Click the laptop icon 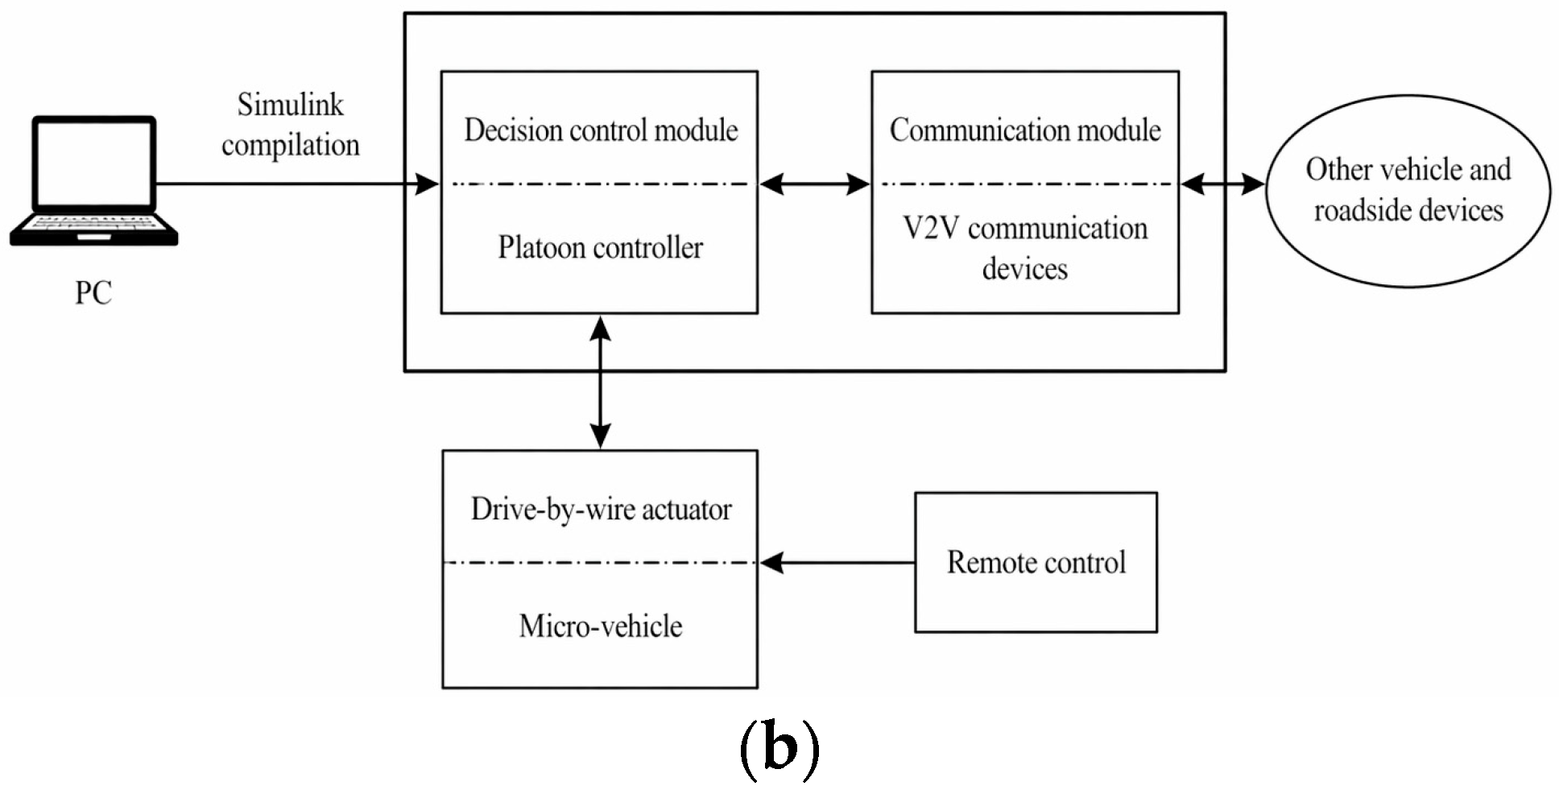click(x=93, y=180)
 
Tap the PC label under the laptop click(x=93, y=293)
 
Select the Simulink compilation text click(x=291, y=125)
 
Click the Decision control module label click(x=601, y=130)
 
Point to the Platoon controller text click(x=601, y=247)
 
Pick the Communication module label click(x=1025, y=130)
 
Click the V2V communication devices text click(x=1025, y=248)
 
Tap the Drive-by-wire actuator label click(x=601, y=509)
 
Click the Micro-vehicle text click(x=601, y=626)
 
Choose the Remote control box click(x=1036, y=562)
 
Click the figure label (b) click(x=779, y=748)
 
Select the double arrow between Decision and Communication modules click(x=815, y=184)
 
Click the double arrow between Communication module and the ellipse click(x=1223, y=184)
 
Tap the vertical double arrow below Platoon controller click(x=601, y=382)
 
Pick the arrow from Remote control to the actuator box click(x=837, y=562)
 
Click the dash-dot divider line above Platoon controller click(x=601, y=184)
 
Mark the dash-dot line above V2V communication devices click(x=1025, y=184)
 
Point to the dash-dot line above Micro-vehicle click(x=601, y=562)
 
